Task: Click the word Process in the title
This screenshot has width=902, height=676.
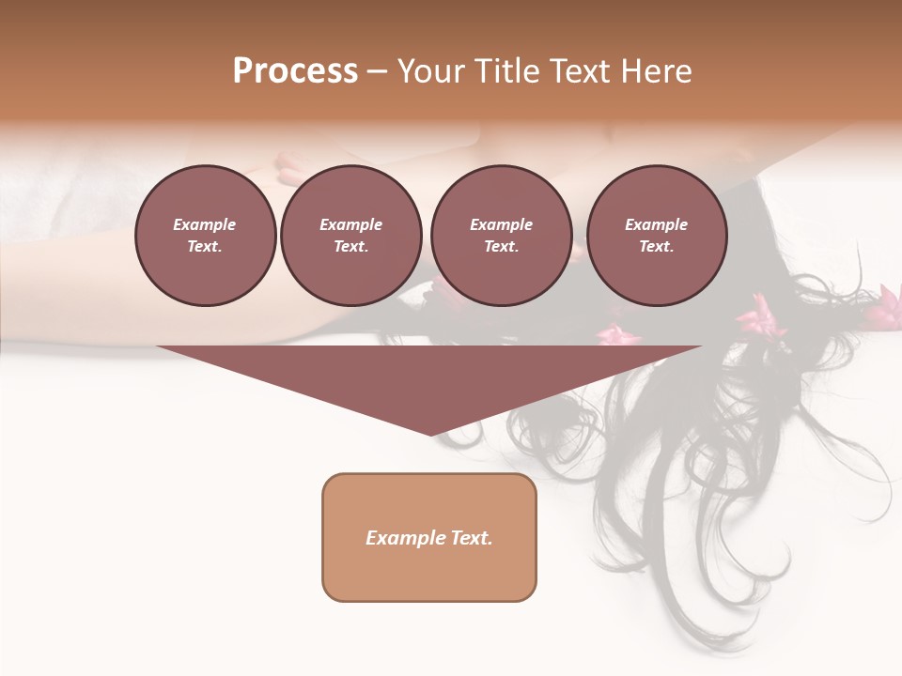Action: pyautogui.click(x=295, y=71)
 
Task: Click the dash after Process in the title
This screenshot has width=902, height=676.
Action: pyautogui.click(x=377, y=73)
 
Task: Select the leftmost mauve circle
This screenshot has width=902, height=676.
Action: pyautogui.click(x=205, y=236)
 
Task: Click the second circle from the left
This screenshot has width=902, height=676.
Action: pyautogui.click(x=350, y=236)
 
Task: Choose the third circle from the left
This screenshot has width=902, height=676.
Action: pyautogui.click(x=501, y=236)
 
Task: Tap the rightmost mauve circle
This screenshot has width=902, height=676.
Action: pyautogui.click(x=656, y=236)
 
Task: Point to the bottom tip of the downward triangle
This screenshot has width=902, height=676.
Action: pyautogui.click(x=430, y=434)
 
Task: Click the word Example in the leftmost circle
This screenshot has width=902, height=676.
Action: pyautogui.click(x=205, y=224)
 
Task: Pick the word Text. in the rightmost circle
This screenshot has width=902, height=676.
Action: pyautogui.click(x=656, y=247)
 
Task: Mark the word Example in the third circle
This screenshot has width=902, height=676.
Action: pyautogui.click(x=501, y=224)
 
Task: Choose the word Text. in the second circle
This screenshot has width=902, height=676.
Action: pyautogui.click(x=350, y=247)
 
